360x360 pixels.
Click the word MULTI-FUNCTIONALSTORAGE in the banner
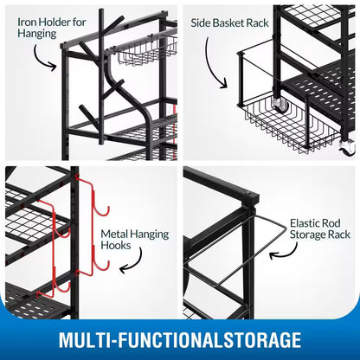click(180, 337)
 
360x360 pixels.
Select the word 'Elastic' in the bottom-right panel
click(305, 222)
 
